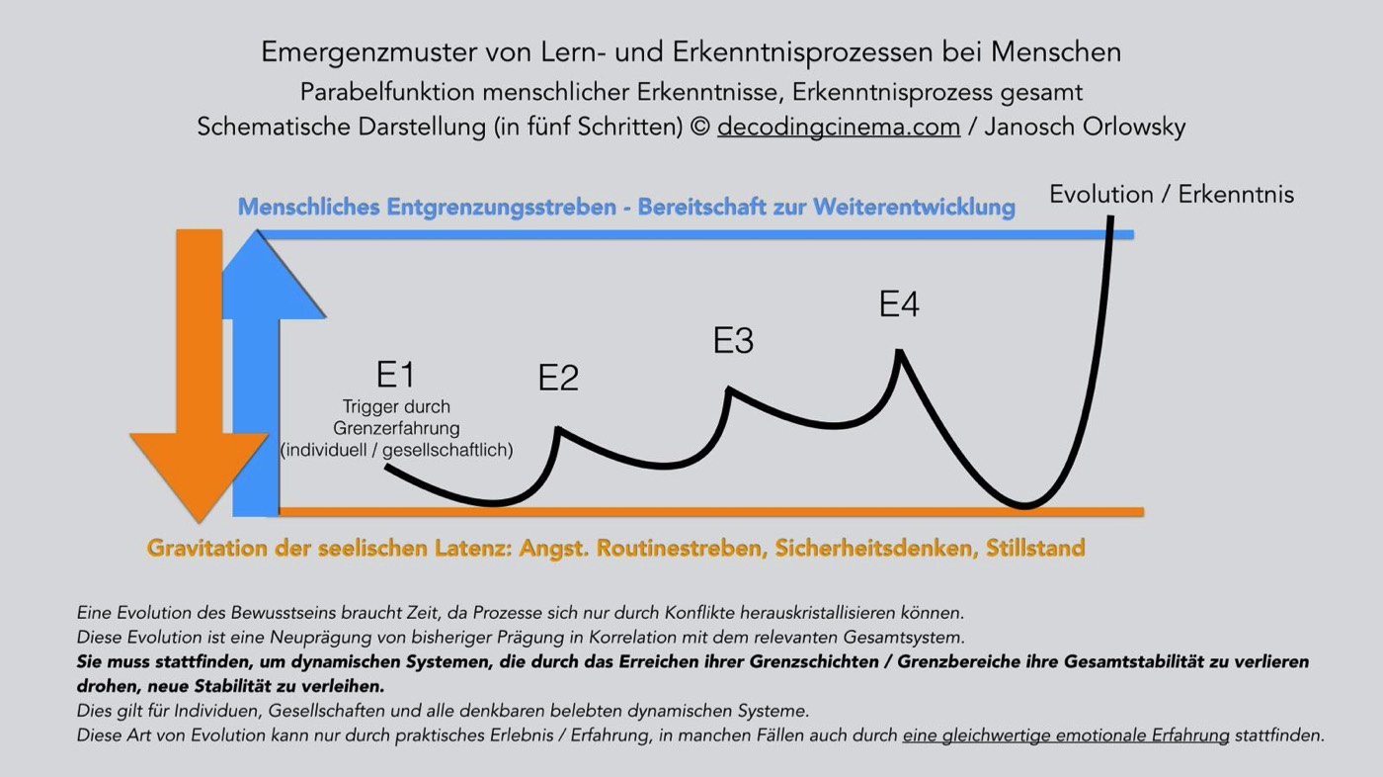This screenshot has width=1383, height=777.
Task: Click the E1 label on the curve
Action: point(395,376)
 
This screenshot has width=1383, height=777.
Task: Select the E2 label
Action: point(558,379)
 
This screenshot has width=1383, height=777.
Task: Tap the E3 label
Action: point(733,341)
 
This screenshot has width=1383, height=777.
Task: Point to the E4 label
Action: point(899,304)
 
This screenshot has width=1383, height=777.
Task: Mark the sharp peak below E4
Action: point(899,351)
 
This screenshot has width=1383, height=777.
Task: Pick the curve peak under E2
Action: point(558,429)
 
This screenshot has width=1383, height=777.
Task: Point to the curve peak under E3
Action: point(729,389)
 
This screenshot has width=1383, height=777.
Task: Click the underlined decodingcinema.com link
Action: point(839,128)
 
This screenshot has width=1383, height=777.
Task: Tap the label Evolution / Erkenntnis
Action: point(1171,195)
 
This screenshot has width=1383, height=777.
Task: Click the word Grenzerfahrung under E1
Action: point(396,428)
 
